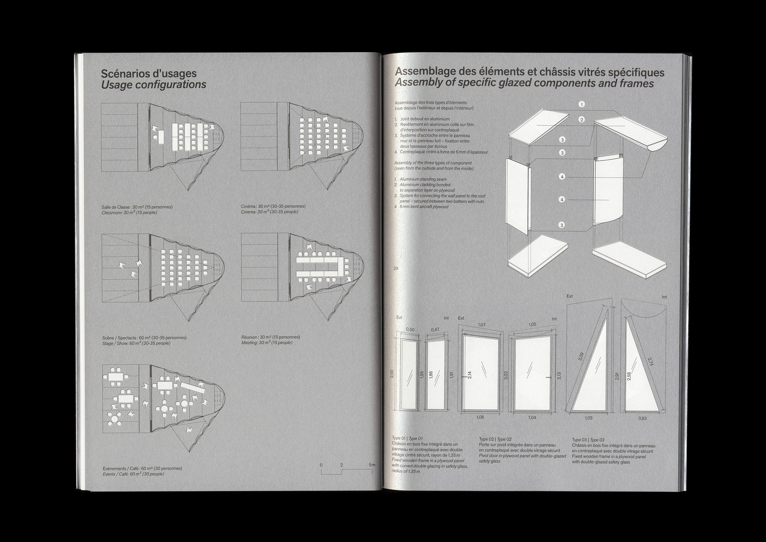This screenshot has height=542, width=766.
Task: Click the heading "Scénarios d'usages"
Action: click(x=149, y=73)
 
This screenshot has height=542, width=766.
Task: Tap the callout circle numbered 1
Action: click(x=581, y=104)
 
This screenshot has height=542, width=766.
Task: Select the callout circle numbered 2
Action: click(x=581, y=120)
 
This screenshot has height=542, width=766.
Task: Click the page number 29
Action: click(x=396, y=268)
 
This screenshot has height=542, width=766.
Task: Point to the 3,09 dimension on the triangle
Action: click(x=581, y=356)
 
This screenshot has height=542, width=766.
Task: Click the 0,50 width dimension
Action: click(x=410, y=329)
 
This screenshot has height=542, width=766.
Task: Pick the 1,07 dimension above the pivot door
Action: click(x=481, y=325)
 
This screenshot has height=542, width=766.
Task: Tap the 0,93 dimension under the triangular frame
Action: click(x=642, y=418)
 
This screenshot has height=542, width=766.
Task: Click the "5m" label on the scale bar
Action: click(x=372, y=465)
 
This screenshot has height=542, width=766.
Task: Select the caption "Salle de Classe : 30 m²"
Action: click(x=137, y=207)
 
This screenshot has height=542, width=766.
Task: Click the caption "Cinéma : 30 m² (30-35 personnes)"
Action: click(x=273, y=206)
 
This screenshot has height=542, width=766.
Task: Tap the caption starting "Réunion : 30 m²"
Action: click(x=270, y=337)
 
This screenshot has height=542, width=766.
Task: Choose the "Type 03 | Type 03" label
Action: click(x=588, y=440)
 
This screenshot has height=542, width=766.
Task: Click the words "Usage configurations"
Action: click(x=154, y=85)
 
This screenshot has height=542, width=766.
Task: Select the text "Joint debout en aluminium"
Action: click(x=425, y=119)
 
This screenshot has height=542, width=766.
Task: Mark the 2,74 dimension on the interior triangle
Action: click(x=650, y=361)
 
